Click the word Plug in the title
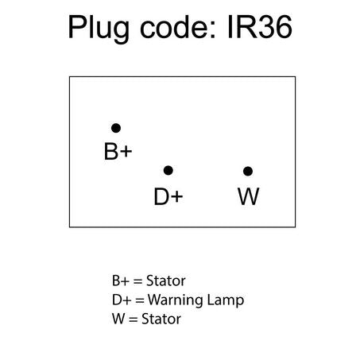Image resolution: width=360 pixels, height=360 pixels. point(99,28)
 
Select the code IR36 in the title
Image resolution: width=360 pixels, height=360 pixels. point(260,27)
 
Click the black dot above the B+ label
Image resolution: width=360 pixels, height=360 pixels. point(116,128)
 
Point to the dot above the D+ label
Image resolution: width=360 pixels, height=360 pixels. point(168,170)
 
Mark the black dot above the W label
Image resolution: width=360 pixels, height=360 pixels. point(248,172)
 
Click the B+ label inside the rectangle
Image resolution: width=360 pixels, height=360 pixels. point(118,152)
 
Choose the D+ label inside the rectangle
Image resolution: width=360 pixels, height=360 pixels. point(168,196)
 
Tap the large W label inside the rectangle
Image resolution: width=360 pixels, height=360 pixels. point(248,196)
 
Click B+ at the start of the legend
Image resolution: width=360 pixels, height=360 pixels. point(121,281)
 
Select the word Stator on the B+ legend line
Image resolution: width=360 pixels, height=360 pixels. point(166,281)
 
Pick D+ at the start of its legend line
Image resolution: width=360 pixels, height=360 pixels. point(122,300)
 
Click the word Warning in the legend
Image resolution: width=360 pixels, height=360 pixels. point(176,301)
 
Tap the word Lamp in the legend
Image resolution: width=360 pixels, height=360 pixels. point(226,301)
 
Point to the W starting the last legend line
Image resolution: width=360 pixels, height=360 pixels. point(118,319)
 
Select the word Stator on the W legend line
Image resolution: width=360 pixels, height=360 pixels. point(161,319)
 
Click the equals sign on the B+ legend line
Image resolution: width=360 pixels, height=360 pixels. point(137,281)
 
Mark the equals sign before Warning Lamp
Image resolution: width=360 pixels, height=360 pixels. point(140,300)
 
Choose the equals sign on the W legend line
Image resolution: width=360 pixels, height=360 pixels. point(134,319)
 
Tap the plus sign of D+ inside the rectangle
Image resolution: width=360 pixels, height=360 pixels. point(176,197)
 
